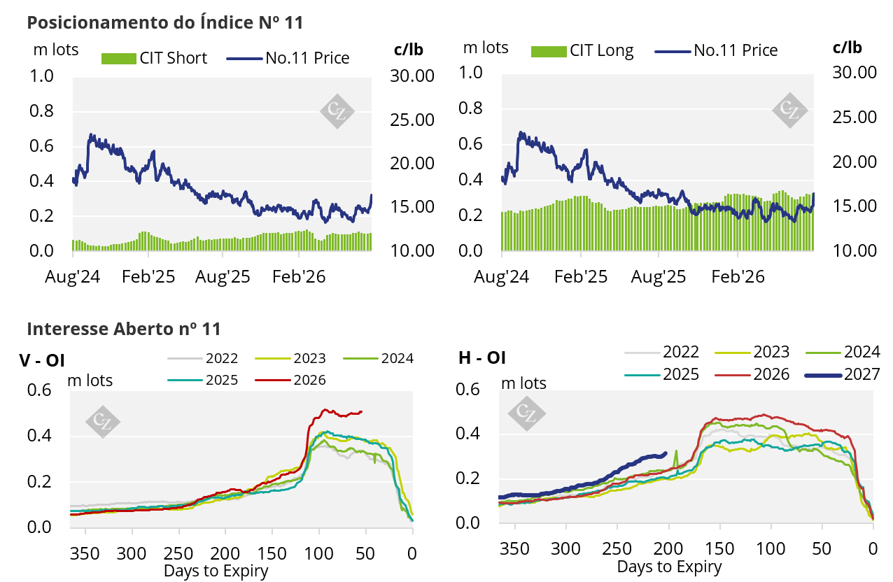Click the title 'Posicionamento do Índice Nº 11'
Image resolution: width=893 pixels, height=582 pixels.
tap(164, 22)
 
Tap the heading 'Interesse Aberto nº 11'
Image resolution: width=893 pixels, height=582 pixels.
tap(124, 329)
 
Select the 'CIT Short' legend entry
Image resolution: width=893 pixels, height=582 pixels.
tap(154, 58)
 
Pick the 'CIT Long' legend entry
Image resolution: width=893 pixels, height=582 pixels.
tap(582, 50)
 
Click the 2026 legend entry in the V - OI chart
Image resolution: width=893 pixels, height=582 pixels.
tap(290, 380)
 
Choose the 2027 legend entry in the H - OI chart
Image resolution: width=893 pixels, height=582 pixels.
tap(843, 374)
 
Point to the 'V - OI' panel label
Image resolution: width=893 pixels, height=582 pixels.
tap(42, 360)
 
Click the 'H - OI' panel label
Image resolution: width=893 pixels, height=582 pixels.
tap(482, 357)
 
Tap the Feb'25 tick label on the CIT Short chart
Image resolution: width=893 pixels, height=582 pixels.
tap(148, 277)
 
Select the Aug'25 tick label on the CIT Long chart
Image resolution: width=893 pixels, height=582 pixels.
tap(658, 277)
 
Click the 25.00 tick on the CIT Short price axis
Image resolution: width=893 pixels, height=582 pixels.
tap(412, 120)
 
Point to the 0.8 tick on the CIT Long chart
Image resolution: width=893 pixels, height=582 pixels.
tap(470, 108)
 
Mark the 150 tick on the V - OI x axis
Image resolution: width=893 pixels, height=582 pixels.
tap(272, 553)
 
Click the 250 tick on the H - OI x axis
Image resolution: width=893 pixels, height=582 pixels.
tap(617, 549)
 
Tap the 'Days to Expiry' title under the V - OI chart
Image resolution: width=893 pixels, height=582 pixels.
tap(216, 571)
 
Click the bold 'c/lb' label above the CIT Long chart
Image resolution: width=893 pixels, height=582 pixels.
tap(847, 48)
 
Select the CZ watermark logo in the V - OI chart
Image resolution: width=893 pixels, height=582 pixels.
tap(103, 422)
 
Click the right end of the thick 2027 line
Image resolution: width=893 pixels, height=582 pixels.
tap(666, 453)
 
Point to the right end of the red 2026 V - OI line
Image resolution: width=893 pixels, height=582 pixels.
tap(362, 412)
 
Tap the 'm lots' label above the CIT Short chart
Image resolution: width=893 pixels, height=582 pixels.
tap(56, 50)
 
